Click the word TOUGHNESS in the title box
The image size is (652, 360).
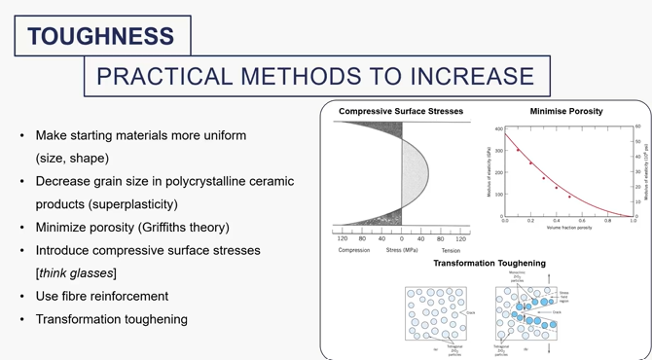(101, 37)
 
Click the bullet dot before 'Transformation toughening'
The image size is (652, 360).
(22, 319)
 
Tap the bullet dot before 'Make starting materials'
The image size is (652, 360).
(22, 135)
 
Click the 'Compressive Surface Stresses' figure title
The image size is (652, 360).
(400, 112)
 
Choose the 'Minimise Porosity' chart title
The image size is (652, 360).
(566, 112)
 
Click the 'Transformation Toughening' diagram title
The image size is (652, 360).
(489, 263)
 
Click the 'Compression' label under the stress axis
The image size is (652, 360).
(353, 249)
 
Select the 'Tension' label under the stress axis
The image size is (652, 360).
(449, 249)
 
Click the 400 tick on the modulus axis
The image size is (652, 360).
(497, 129)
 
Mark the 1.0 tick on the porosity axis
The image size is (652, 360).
(633, 221)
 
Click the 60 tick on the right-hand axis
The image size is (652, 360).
(638, 126)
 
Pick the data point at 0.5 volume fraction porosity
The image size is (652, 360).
(569, 197)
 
